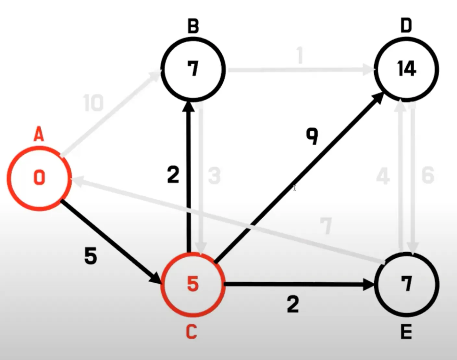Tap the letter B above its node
(x=193, y=26)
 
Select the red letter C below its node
(x=191, y=332)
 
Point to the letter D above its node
(x=406, y=26)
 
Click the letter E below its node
(x=406, y=332)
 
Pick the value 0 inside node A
(x=39, y=178)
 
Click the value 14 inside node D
(x=406, y=69)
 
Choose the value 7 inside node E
(x=406, y=284)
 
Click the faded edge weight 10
(x=93, y=103)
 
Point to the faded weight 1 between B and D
(x=300, y=55)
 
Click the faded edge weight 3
(x=214, y=176)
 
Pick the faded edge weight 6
(x=428, y=175)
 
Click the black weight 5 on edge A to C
(x=91, y=255)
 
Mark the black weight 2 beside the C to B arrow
(x=173, y=175)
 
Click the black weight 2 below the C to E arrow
(x=293, y=305)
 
